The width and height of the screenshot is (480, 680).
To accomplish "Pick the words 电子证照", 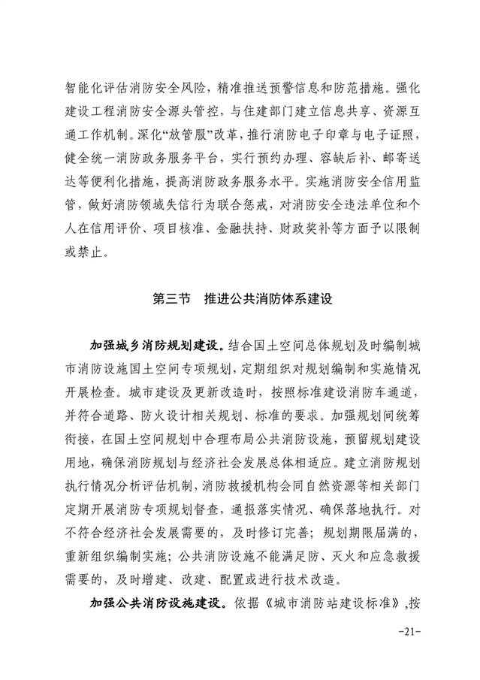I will click(x=391, y=138).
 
